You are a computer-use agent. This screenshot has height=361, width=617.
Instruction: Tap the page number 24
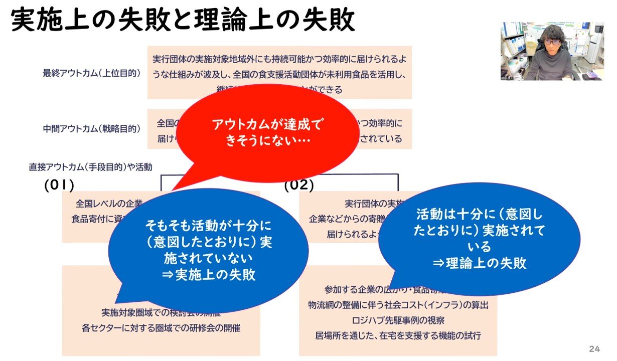(x=594, y=348)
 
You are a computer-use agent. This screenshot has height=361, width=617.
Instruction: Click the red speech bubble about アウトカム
(x=266, y=131)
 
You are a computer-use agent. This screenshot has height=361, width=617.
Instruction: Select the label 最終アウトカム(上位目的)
(x=91, y=73)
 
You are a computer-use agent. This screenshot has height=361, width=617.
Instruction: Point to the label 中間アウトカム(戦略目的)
(x=91, y=128)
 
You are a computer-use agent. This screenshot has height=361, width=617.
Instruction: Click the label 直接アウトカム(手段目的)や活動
(x=90, y=166)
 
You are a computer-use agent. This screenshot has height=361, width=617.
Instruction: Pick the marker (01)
(x=59, y=185)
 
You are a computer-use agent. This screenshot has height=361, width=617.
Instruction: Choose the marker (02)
(x=299, y=185)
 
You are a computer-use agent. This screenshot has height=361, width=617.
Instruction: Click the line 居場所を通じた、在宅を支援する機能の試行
(x=398, y=335)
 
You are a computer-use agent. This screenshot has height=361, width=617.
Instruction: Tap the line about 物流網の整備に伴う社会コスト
(x=398, y=304)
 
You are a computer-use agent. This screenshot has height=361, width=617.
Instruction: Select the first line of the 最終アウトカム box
(x=279, y=59)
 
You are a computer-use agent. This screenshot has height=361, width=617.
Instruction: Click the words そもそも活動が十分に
(x=208, y=226)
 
